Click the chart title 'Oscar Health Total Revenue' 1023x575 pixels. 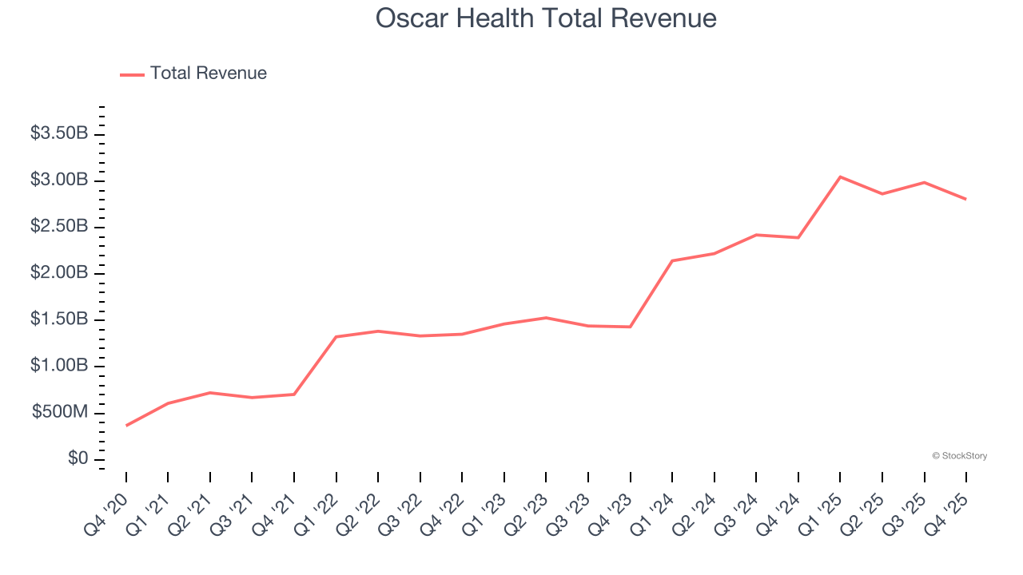tap(546, 18)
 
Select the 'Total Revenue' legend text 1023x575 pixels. tap(208, 73)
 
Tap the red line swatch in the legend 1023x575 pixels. tap(132, 74)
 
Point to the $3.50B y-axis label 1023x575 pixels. tap(59, 133)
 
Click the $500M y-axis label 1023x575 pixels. tap(60, 412)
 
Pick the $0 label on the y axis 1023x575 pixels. tap(78, 459)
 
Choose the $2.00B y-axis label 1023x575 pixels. tap(59, 273)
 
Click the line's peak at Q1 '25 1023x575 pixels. tap(840, 176)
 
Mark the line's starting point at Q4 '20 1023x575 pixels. tap(126, 426)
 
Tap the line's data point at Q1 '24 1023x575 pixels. tap(672, 260)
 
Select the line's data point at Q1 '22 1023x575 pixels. tap(336, 336)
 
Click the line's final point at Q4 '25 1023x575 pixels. tap(966, 199)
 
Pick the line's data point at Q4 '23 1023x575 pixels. tap(631, 327)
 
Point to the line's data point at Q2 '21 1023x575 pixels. tap(210, 392)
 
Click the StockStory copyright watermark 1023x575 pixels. tap(959, 456)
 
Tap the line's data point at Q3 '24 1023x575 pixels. tap(756, 235)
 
